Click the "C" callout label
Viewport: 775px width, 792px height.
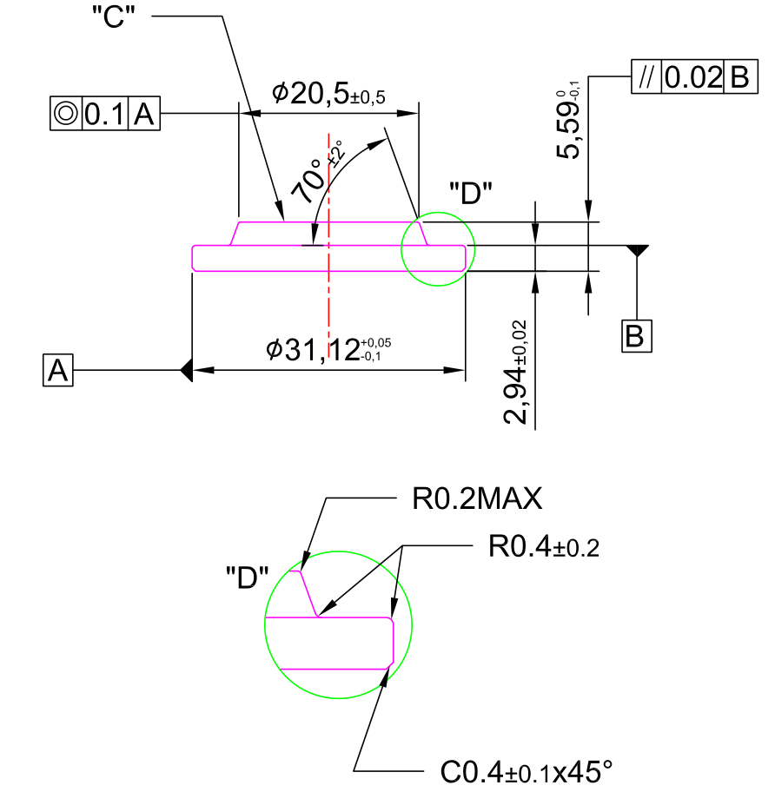(x=114, y=16)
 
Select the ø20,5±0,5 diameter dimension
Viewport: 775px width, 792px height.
(x=328, y=93)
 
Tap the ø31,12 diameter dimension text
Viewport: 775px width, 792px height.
(x=328, y=349)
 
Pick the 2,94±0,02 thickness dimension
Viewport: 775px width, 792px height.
(x=516, y=373)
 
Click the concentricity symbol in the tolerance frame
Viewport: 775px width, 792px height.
(x=66, y=113)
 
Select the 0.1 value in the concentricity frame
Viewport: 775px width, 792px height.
(x=104, y=114)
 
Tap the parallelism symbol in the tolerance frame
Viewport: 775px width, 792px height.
(x=646, y=76)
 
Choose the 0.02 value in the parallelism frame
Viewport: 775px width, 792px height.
(x=693, y=77)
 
